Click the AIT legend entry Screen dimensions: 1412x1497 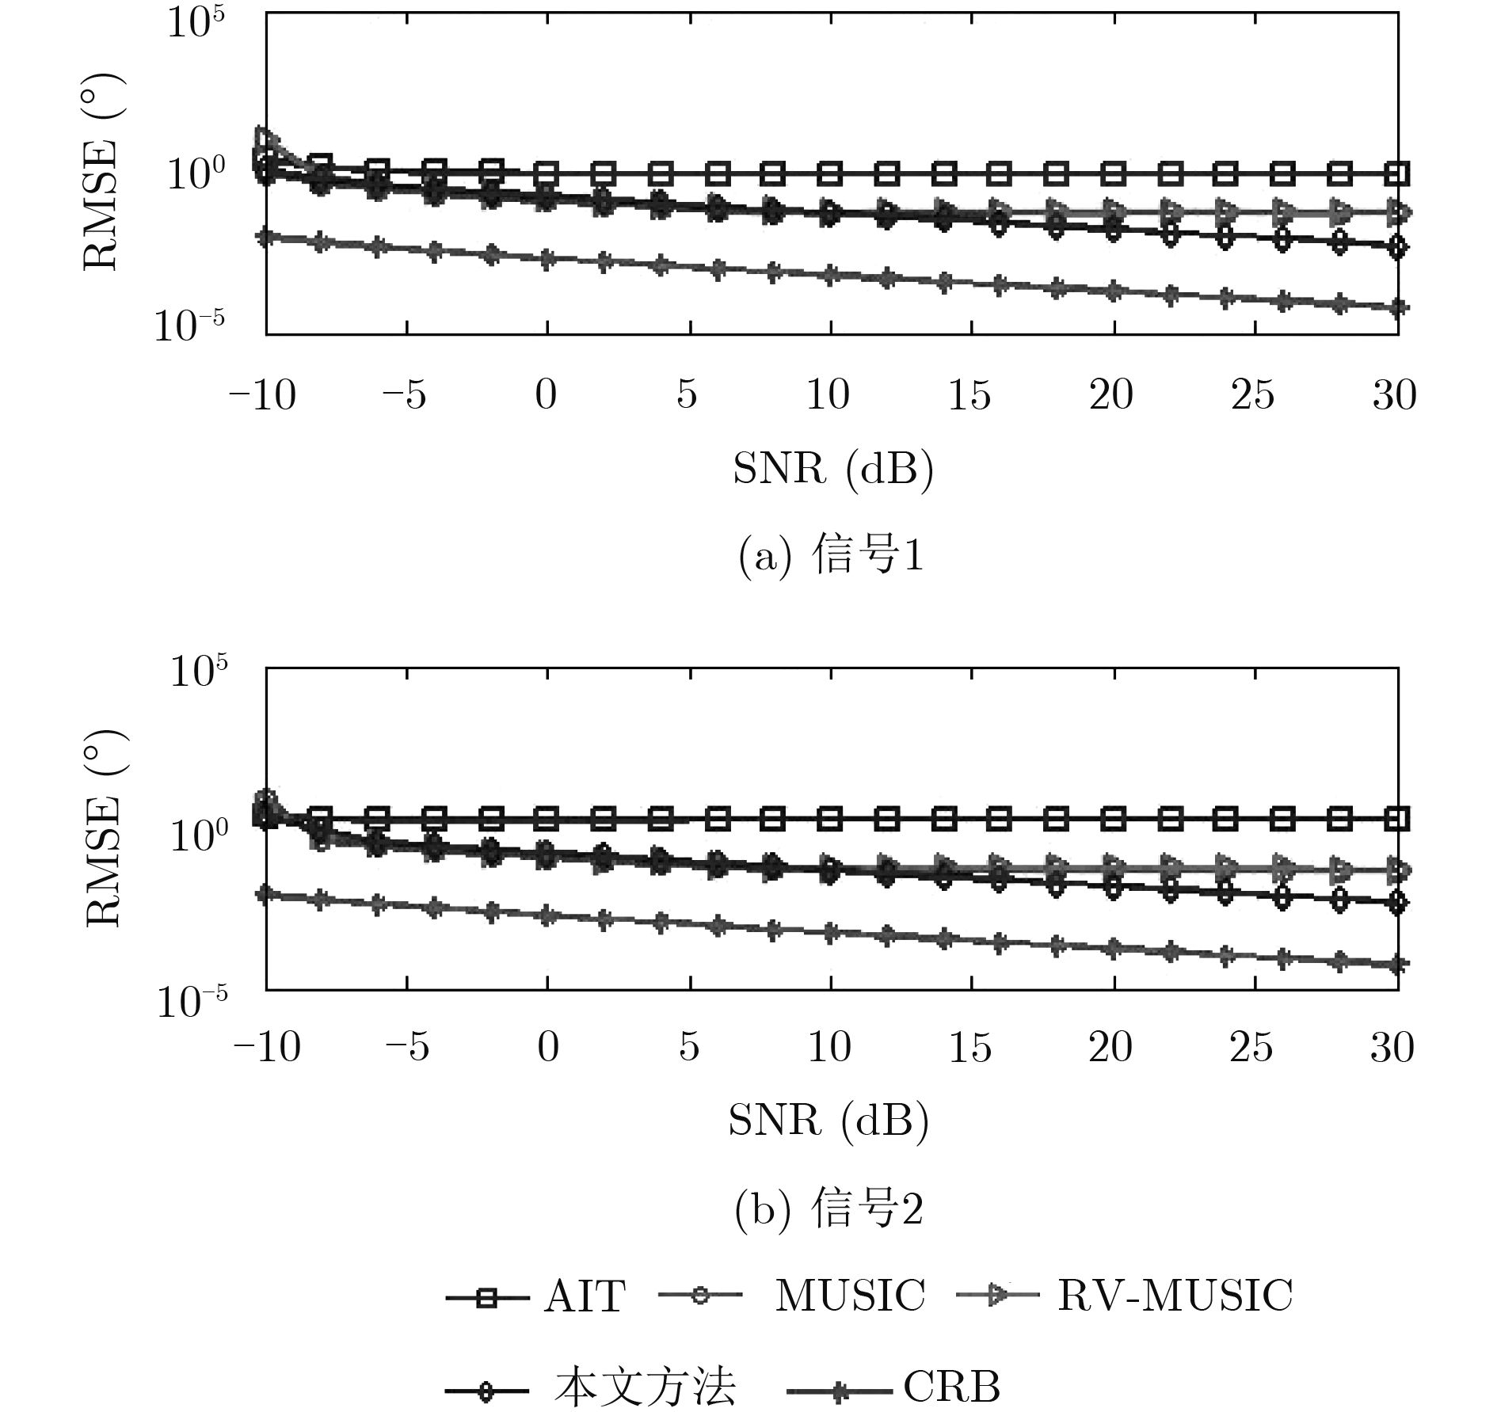584,1296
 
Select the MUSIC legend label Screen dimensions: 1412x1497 849,1296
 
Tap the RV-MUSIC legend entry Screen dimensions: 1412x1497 1175,1296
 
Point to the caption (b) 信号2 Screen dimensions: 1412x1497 828,1211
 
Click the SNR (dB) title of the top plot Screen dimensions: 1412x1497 833,470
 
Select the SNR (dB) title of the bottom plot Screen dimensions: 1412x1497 828,1121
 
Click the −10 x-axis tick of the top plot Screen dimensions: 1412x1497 263,394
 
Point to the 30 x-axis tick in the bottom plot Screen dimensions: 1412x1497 1392,1048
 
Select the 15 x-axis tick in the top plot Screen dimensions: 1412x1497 969,394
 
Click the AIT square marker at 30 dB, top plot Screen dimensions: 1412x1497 1399,172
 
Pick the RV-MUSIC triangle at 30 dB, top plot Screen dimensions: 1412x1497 1399,211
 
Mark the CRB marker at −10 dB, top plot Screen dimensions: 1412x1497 267,237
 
